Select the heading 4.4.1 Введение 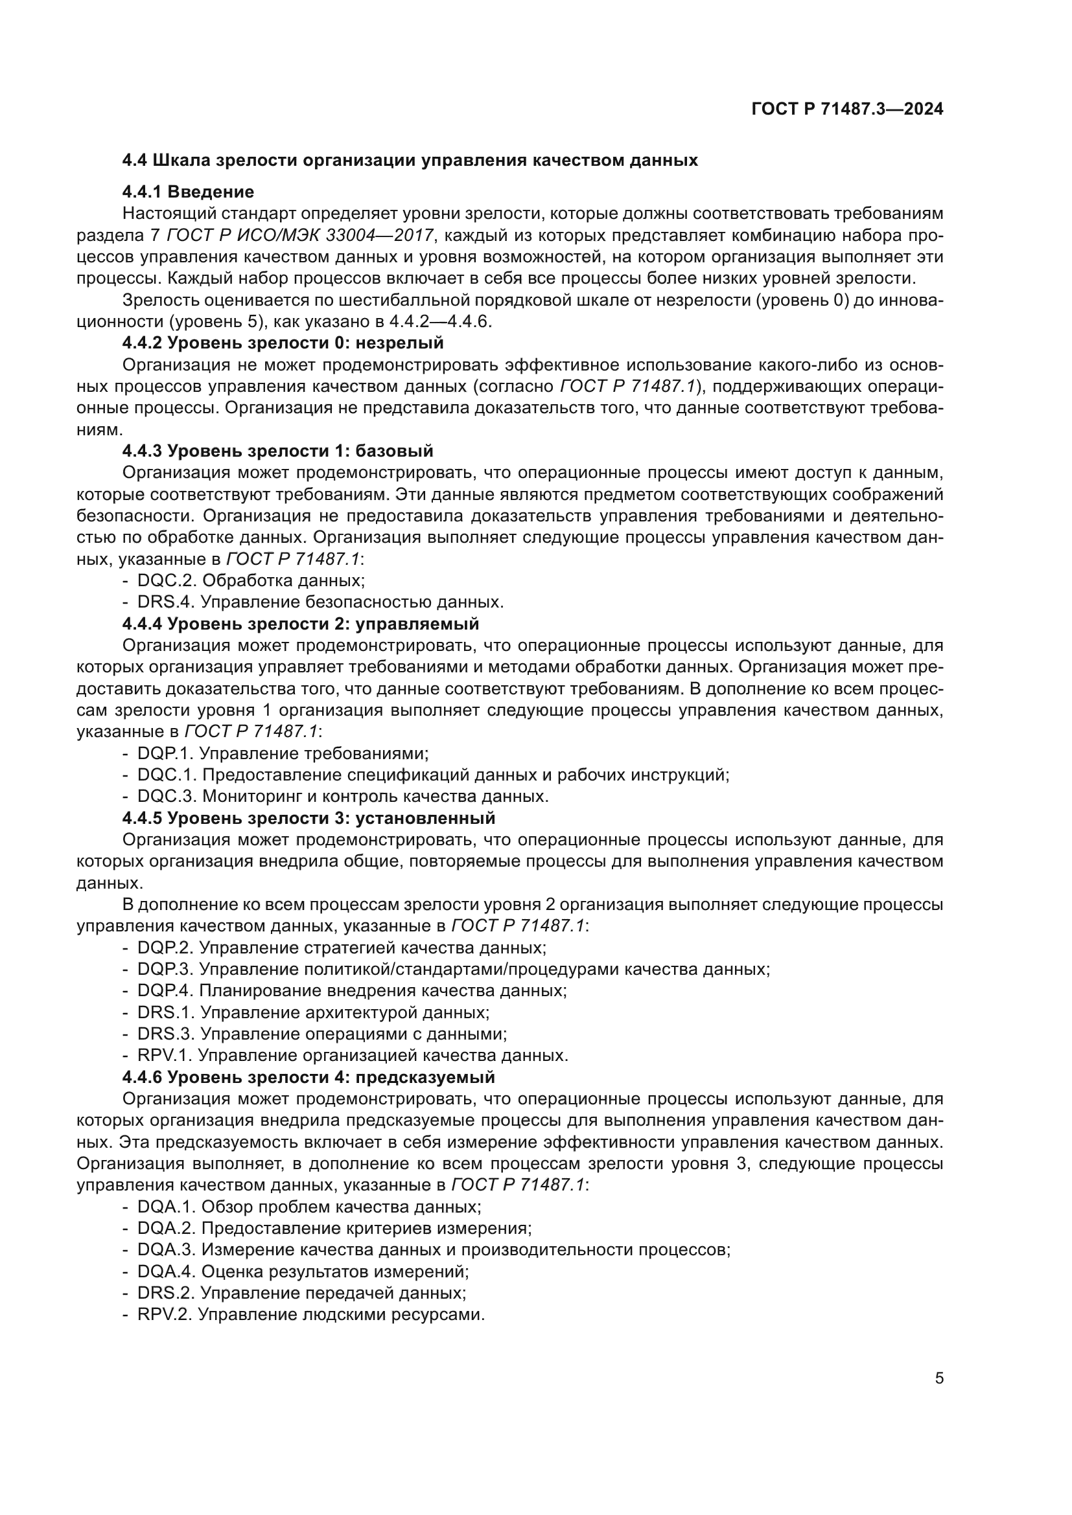pyautogui.click(x=188, y=192)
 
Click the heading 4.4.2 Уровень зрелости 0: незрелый pyautogui.click(x=283, y=343)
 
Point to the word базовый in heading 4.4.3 pyautogui.click(x=394, y=451)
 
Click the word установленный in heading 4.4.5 pyautogui.click(x=425, y=818)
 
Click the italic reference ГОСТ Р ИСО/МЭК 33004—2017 pyautogui.click(x=300, y=236)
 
